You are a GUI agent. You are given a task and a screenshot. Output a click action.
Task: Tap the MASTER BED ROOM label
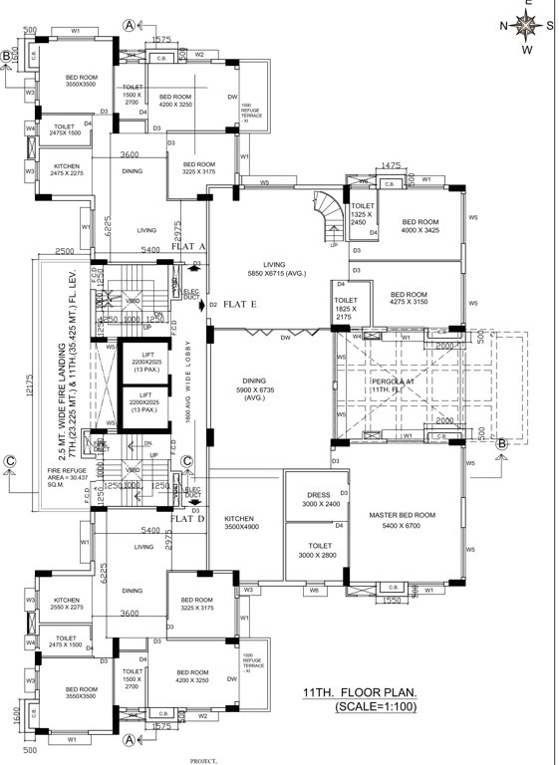(x=402, y=519)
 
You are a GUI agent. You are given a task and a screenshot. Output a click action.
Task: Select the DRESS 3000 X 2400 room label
(x=313, y=498)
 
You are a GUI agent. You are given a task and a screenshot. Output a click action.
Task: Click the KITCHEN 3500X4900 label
(x=241, y=525)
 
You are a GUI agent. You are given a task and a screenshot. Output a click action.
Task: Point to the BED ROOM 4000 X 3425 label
(x=420, y=227)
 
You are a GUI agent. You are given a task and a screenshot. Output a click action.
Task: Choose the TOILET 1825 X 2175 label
(x=345, y=305)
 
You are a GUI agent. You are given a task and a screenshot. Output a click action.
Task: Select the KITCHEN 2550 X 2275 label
(x=59, y=605)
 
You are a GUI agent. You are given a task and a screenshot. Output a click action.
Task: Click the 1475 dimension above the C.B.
(x=391, y=165)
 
